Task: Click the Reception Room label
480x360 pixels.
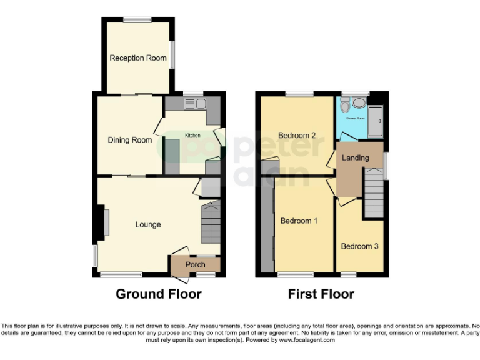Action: point(138,58)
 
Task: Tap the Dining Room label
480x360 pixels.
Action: point(129,140)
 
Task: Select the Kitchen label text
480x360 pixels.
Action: point(192,135)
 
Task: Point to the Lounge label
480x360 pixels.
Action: point(148,224)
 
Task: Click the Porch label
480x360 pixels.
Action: point(196,265)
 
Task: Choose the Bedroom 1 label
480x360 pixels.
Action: point(299,221)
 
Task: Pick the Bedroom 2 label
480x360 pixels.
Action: point(297,136)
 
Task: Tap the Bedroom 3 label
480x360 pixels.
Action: point(359,246)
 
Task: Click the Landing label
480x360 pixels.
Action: point(355,157)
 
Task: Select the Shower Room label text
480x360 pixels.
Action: point(356,117)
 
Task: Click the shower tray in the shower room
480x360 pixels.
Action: point(376,122)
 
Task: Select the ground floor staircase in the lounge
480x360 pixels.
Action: point(210,223)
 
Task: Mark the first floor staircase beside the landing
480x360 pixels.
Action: point(374,194)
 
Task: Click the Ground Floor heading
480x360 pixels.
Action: point(159,294)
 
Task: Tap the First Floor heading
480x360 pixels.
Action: point(321,294)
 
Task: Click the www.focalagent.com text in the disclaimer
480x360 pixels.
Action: point(307,341)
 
